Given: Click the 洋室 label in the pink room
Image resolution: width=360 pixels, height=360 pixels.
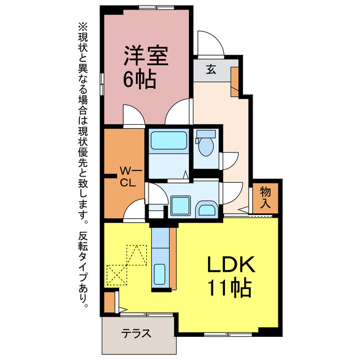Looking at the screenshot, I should [146, 57].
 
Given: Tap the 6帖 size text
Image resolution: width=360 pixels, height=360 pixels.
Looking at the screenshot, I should [139, 80].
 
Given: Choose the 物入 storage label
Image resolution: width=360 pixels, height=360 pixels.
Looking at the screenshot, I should [265, 197].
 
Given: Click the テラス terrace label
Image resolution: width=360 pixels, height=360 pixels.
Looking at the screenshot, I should [136, 332].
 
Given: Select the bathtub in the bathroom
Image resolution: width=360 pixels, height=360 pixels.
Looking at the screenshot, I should [168, 140].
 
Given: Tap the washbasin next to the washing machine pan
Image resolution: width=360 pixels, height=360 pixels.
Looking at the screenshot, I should [206, 210].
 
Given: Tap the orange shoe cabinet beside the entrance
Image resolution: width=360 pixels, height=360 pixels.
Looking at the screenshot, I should [235, 78].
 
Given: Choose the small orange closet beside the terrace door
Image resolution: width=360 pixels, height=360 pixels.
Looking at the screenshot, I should [109, 301].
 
